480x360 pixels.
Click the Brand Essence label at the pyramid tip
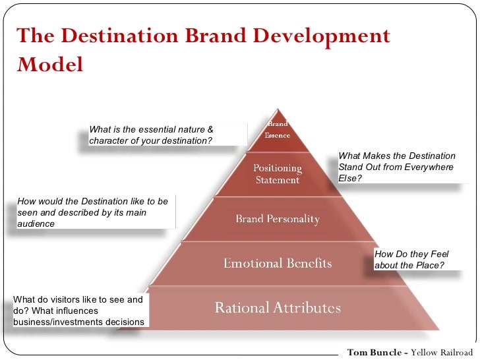tap(278, 129)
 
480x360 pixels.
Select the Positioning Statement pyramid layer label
tap(278, 174)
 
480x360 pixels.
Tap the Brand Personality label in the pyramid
tap(278, 219)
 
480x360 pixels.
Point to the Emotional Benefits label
tap(278, 263)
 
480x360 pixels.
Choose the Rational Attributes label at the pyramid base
tap(278, 308)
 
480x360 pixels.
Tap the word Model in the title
tap(50, 65)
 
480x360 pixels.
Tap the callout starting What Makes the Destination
tap(397, 167)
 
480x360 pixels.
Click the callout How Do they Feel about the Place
tap(412, 260)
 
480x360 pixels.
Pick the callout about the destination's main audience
tap(93, 212)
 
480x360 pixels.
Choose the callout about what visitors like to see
tap(78, 311)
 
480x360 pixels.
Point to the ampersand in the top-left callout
tap(210, 129)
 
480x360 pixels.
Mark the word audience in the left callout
tap(36, 224)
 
